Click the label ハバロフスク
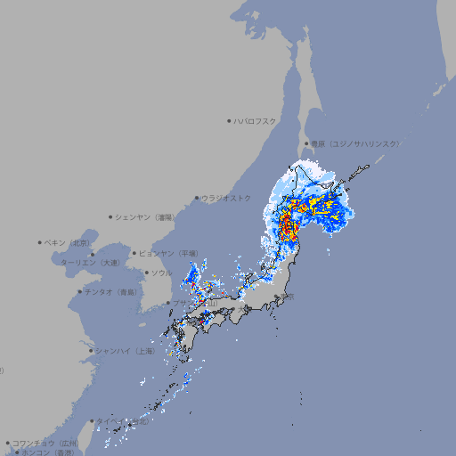[x=255, y=120]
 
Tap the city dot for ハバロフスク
[x=229, y=120]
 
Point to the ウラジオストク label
[x=226, y=198]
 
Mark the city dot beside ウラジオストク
[x=197, y=199]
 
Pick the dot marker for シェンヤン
[x=111, y=216]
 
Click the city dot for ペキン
[x=40, y=242]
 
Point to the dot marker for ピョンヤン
[x=135, y=253]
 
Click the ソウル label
[x=161, y=273]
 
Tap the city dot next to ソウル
[x=146, y=273]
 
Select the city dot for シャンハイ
[x=91, y=351]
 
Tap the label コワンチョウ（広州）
[x=45, y=443]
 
